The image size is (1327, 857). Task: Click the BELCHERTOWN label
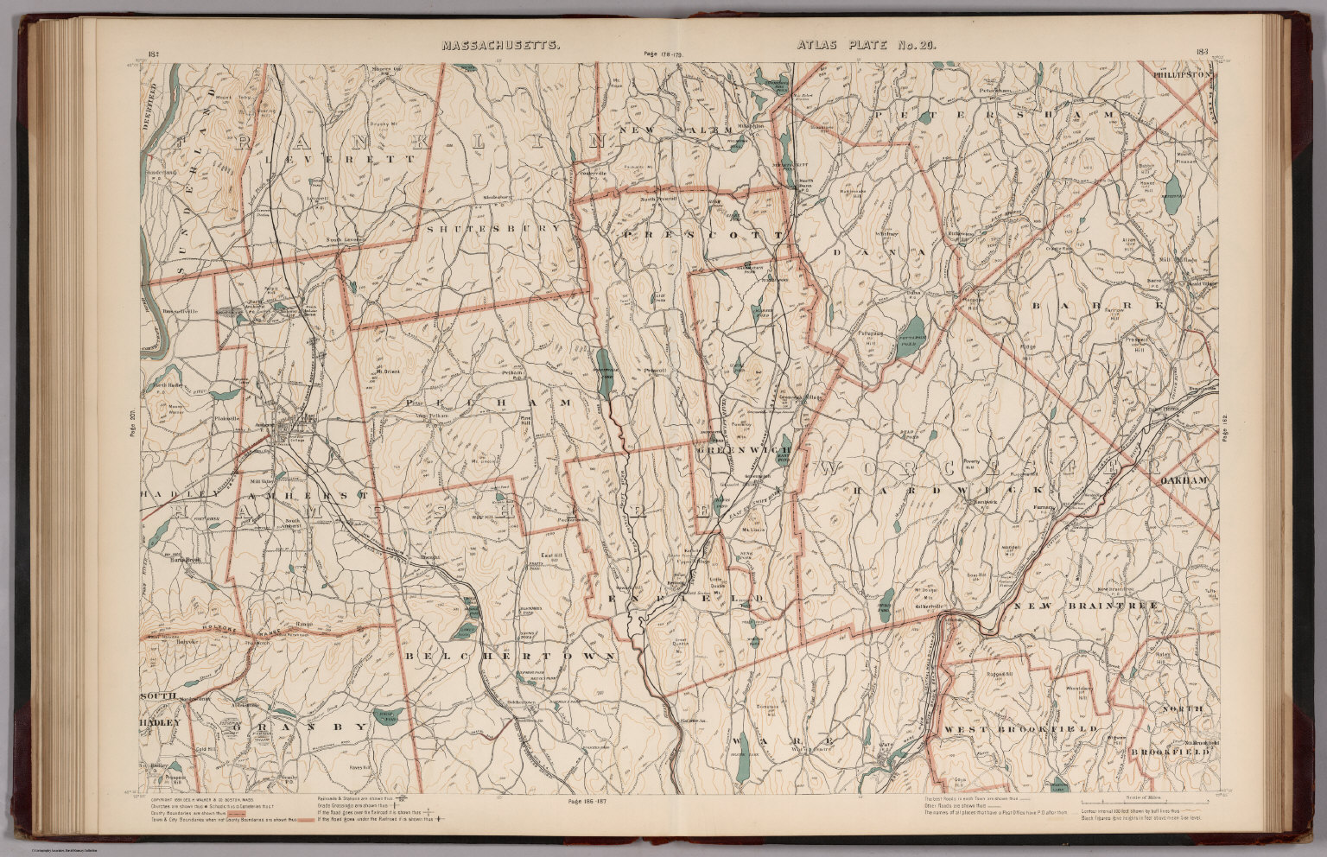[512, 657]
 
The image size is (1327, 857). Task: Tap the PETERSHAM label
[994, 113]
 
